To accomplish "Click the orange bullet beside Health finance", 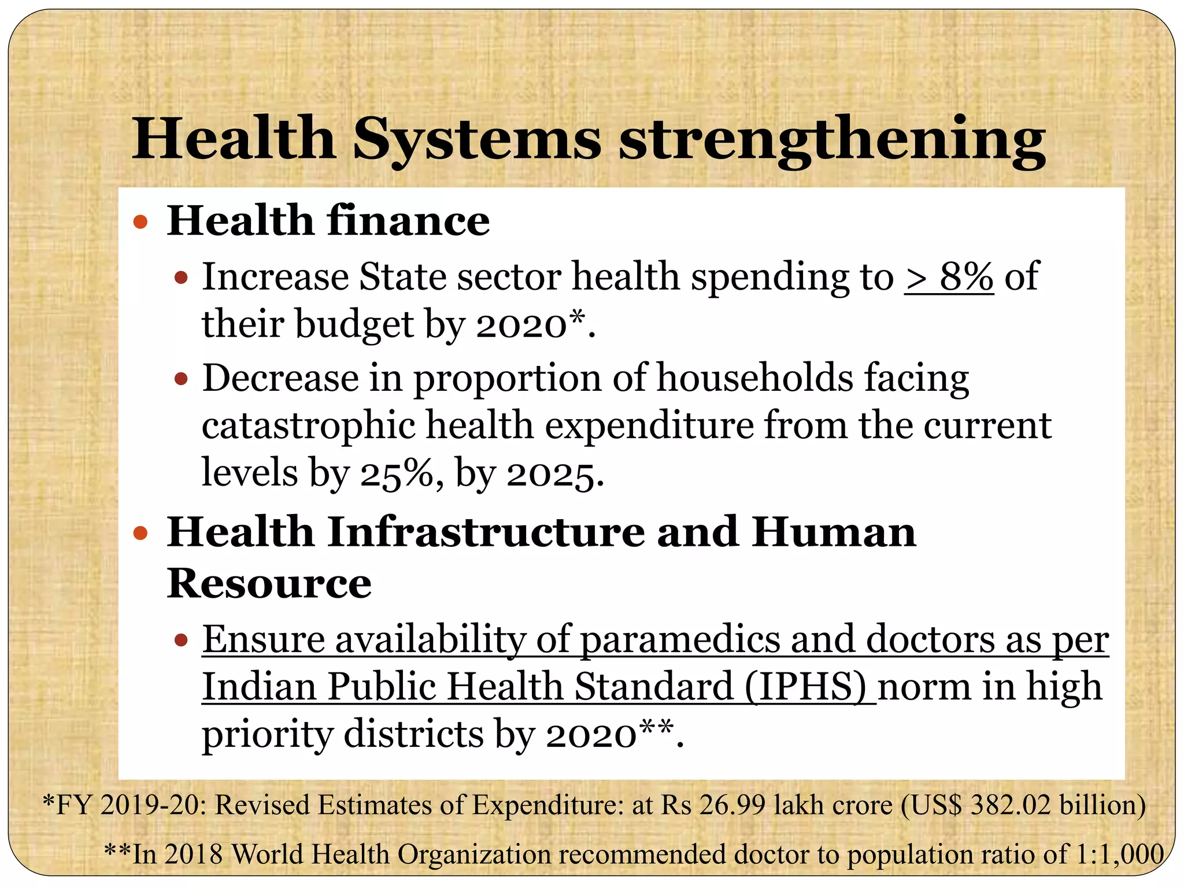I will (140, 221).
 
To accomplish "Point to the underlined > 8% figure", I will (949, 276).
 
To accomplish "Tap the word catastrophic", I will (308, 425).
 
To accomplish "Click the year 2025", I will (550, 474).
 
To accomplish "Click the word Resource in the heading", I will (269, 583).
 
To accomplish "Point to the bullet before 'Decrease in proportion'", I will (181, 379).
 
